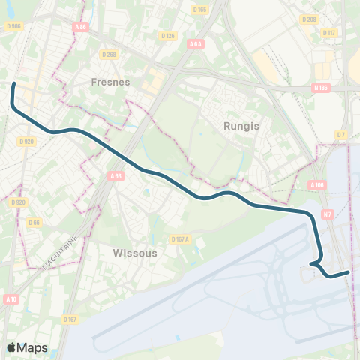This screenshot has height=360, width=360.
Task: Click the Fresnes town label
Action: point(110,81)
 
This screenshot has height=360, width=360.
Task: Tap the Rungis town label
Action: point(241,126)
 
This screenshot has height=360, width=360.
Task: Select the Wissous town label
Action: point(135,253)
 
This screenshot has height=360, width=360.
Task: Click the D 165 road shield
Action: point(199,10)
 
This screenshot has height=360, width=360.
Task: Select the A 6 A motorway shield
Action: point(196,44)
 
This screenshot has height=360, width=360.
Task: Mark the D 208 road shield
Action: point(308,18)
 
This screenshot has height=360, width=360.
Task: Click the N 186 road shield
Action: point(320,88)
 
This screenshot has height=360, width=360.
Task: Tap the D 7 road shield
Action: point(341,135)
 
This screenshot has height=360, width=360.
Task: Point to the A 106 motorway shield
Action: point(317,184)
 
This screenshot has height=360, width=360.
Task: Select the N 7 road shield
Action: point(327,214)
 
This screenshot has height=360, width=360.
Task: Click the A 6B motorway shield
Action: point(115,176)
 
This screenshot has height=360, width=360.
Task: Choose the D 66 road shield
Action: point(34,222)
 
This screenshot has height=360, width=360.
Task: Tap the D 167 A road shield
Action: point(180,239)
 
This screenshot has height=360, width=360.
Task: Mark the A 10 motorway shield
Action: point(10,298)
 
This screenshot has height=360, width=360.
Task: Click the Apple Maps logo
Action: point(27,347)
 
